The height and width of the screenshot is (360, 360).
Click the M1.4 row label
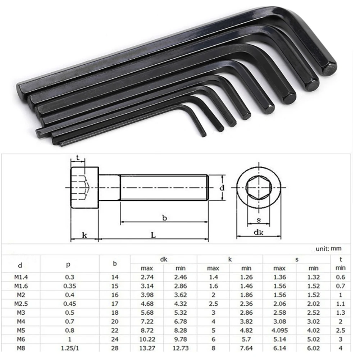click(21, 277)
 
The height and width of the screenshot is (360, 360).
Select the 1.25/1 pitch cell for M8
click(69, 348)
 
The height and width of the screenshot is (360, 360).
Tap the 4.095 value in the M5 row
click(280, 331)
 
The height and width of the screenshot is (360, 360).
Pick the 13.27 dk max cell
click(147, 348)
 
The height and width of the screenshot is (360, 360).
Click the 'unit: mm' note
click(328, 249)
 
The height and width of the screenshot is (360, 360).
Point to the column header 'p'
click(68, 264)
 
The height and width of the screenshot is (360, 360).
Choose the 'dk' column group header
click(164, 259)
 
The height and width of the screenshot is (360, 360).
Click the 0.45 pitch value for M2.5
click(69, 304)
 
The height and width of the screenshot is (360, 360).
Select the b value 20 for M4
click(115, 322)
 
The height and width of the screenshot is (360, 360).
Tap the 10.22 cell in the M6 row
click(147, 340)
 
